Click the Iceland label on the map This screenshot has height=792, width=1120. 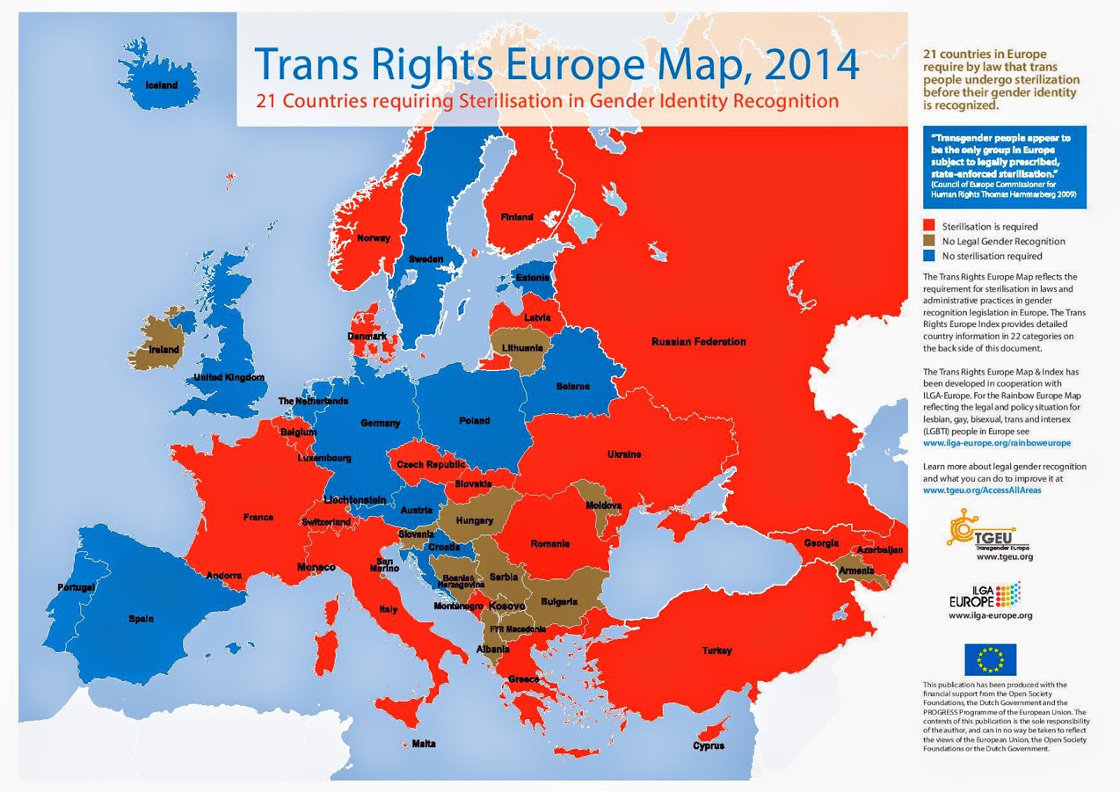[x=162, y=85]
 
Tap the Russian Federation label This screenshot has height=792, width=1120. [x=699, y=342]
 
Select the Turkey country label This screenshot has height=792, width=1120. [x=717, y=651]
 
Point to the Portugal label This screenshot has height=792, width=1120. [x=76, y=587]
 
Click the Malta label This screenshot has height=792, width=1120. [x=423, y=744]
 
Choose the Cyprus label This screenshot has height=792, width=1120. [x=708, y=746]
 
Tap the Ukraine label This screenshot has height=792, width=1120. [x=624, y=454]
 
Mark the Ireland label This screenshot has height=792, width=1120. [x=164, y=349]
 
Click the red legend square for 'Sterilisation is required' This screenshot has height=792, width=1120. [x=929, y=225]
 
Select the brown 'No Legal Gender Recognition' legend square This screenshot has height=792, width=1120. [x=929, y=241]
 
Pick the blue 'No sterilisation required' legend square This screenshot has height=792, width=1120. [x=929, y=256]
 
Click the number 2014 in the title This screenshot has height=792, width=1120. [x=811, y=64]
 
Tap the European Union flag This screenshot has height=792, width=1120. [x=990, y=660]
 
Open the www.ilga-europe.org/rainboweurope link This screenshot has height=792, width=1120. [x=996, y=443]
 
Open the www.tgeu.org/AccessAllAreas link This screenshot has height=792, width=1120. [x=981, y=490]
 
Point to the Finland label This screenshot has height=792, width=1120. [x=517, y=217]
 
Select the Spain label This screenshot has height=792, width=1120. [x=141, y=618]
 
